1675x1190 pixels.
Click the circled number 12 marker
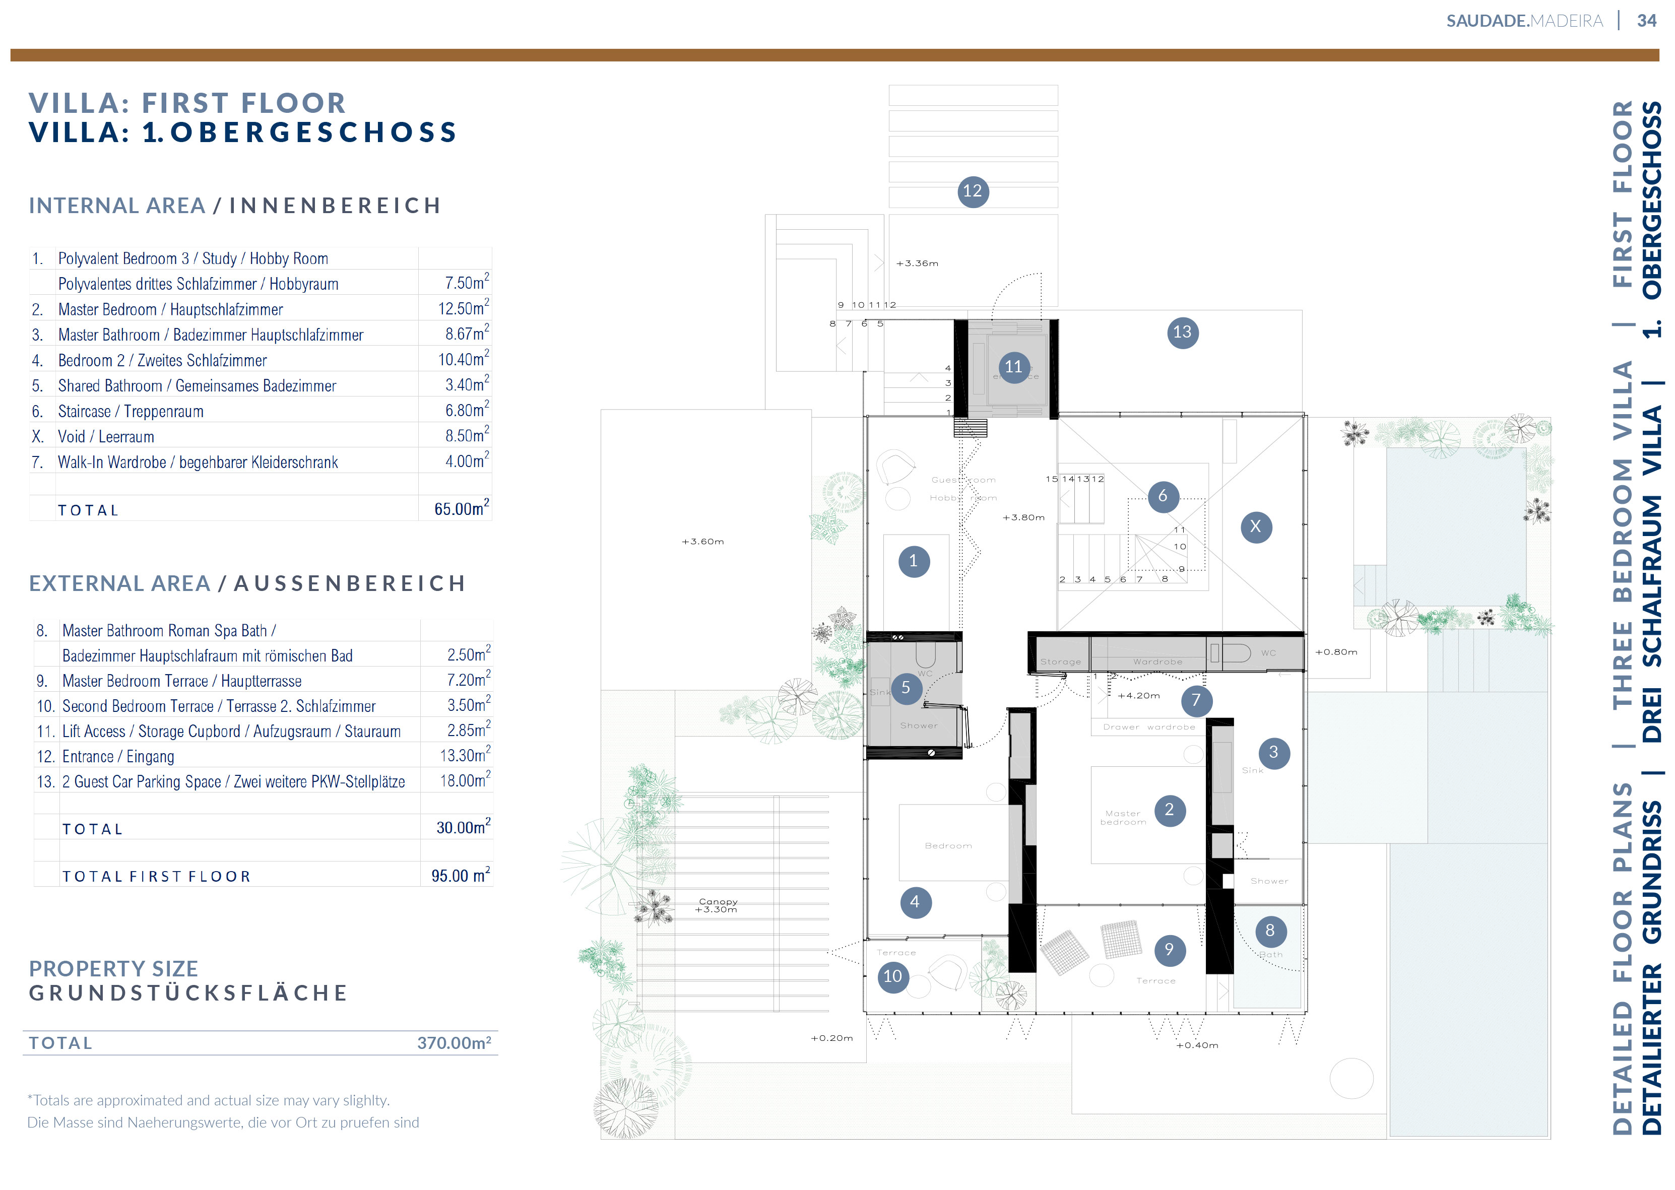click(973, 192)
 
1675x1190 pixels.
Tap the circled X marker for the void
click(1256, 527)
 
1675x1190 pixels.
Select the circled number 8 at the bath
click(1270, 932)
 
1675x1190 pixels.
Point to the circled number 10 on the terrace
click(892, 977)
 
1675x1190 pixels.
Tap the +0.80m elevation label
click(1336, 652)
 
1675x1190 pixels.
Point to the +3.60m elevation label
click(702, 542)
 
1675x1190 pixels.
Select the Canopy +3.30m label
click(718, 906)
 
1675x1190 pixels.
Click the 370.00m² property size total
click(454, 1043)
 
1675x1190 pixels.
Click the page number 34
click(1646, 21)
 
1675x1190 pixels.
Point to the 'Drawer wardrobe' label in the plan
click(1148, 728)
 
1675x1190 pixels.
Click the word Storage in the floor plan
click(1060, 663)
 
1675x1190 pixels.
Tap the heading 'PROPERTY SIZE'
click(113, 969)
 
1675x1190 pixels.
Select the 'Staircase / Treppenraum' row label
click(131, 412)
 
